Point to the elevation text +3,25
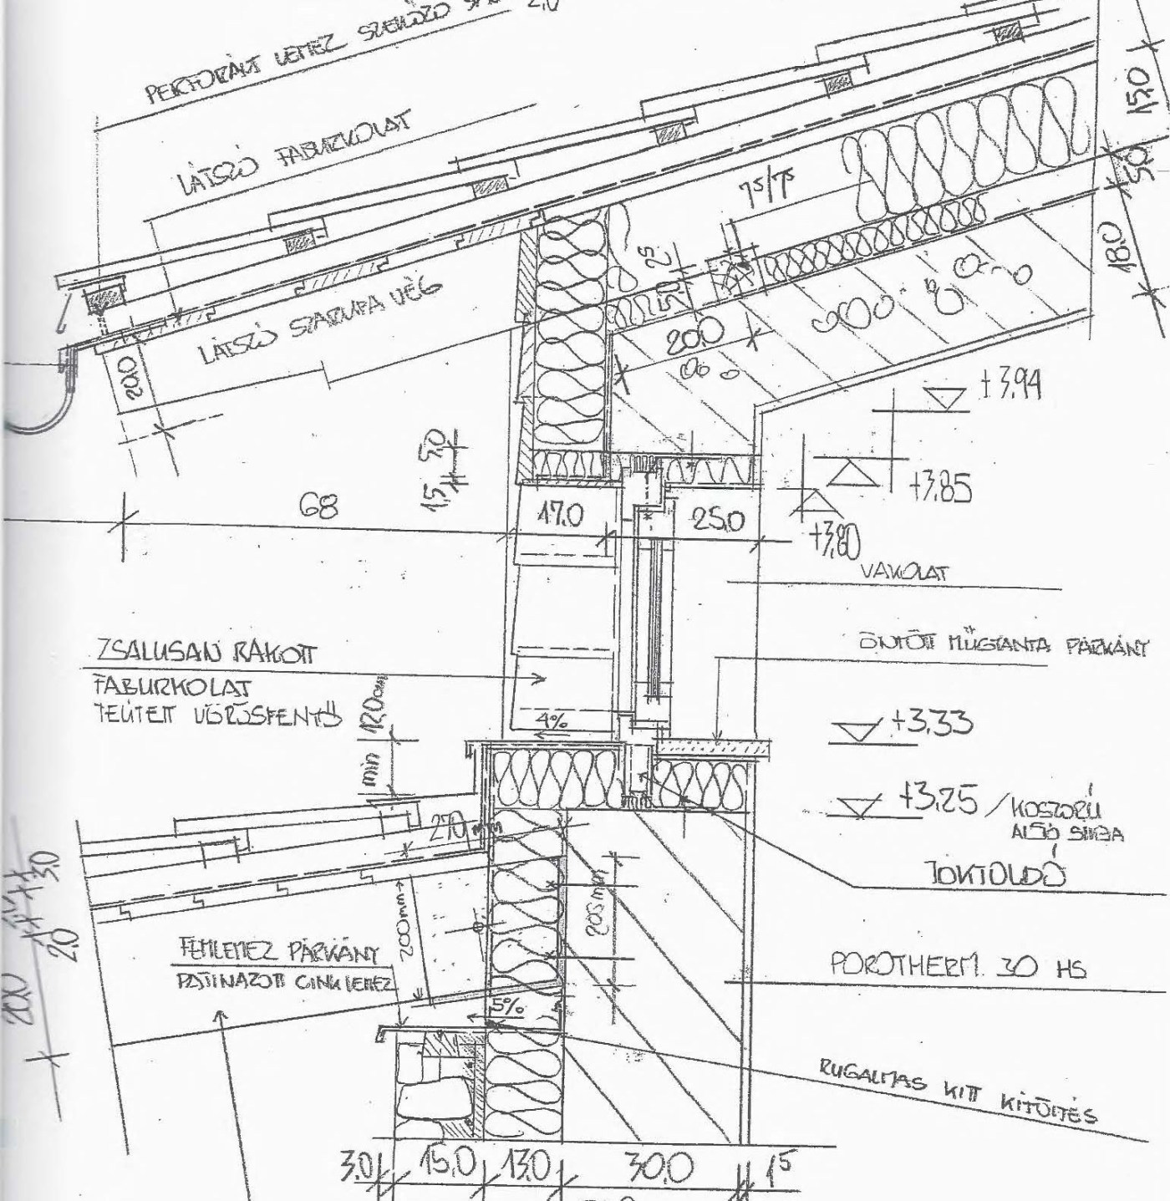[x=938, y=801]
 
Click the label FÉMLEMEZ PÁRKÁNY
[x=281, y=954]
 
